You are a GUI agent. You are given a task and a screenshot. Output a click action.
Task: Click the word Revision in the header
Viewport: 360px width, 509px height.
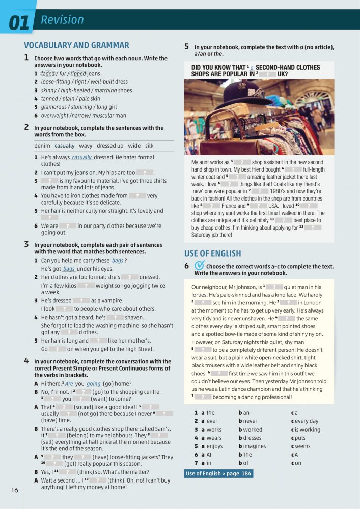[62, 20]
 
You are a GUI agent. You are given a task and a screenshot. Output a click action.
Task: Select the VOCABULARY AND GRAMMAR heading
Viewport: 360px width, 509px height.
[76, 45]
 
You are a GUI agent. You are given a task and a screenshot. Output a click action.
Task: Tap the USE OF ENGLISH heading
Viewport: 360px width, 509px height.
[212, 253]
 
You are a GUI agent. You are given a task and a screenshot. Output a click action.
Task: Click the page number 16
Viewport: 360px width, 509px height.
[14, 490]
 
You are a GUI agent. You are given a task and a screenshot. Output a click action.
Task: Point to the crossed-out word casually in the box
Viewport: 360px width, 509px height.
[64, 146]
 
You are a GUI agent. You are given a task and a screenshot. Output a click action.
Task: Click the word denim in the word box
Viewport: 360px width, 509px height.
[42, 146]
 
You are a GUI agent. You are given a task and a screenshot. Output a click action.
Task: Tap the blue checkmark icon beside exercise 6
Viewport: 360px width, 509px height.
[200, 266]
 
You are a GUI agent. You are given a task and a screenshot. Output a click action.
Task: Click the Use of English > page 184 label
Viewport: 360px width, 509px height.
[219, 474]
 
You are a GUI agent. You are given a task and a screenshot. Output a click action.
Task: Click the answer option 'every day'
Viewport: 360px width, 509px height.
[307, 421]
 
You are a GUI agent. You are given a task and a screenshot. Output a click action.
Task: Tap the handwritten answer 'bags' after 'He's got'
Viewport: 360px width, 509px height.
[69, 269]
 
